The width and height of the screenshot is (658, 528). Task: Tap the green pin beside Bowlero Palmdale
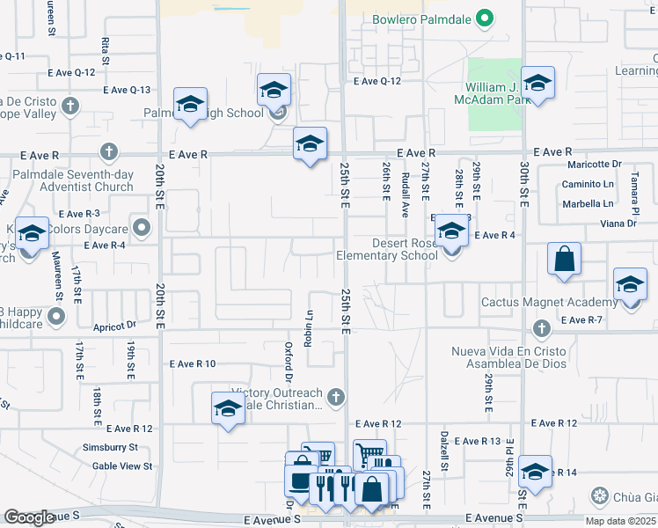(x=483, y=18)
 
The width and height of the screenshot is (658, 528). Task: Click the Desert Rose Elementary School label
(x=387, y=250)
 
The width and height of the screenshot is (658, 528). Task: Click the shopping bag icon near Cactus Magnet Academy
(x=564, y=260)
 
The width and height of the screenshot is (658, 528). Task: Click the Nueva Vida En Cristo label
(x=508, y=352)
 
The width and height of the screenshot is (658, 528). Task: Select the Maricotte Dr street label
(x=594, y=164)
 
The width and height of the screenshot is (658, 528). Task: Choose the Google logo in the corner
(x=29, y=517)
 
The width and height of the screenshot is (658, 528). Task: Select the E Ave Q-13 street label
(x=127, y=90)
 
